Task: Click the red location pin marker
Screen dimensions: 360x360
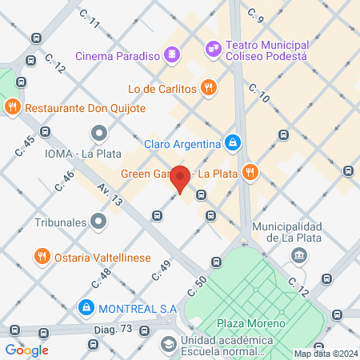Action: (181, 178)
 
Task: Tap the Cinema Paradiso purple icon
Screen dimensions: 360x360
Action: (170, 55)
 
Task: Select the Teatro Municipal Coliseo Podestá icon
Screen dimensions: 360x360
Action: (212, 48)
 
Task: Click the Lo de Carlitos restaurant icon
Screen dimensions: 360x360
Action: (208, 89)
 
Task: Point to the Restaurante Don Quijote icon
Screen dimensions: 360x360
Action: (12, 107)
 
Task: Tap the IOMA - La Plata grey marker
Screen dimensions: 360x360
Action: (98, 133)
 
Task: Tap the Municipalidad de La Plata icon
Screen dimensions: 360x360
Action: (298, 255)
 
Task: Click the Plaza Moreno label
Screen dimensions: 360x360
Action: (251, 324)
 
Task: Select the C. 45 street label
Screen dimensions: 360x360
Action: (25, 145)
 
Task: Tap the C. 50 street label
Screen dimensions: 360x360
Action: (196, 285)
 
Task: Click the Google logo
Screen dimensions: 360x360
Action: (27, 350)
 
